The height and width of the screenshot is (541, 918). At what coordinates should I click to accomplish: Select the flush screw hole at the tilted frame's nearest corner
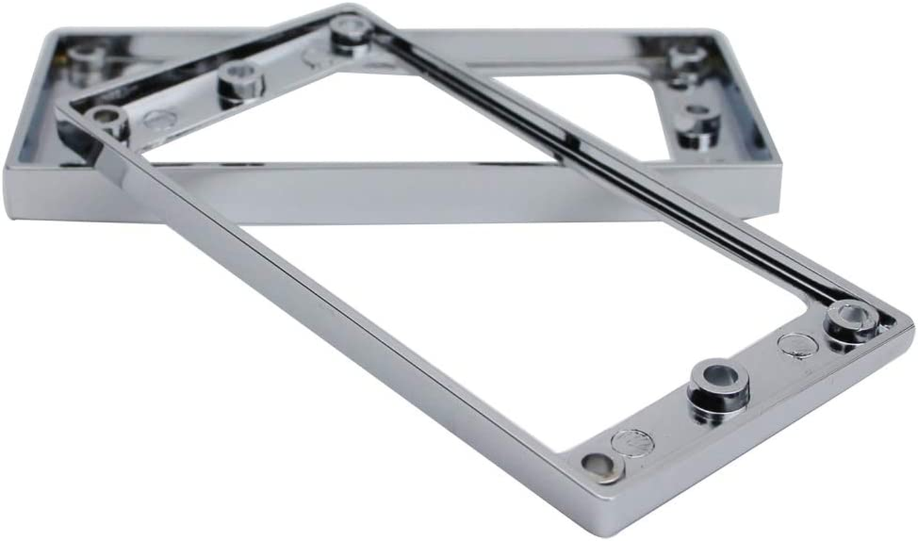pyautogui.click(x=595, y=465)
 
